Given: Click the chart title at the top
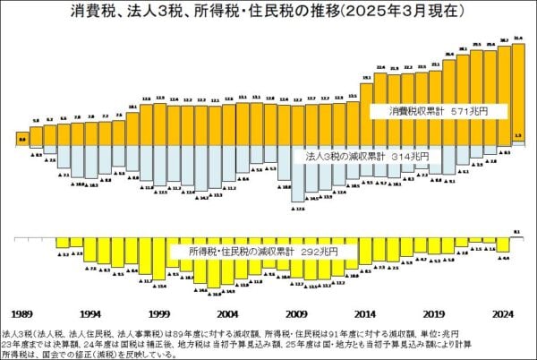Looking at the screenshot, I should point(268,13).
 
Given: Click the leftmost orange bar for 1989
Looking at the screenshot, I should point(21,140).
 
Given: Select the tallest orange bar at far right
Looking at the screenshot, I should point(518,90).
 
